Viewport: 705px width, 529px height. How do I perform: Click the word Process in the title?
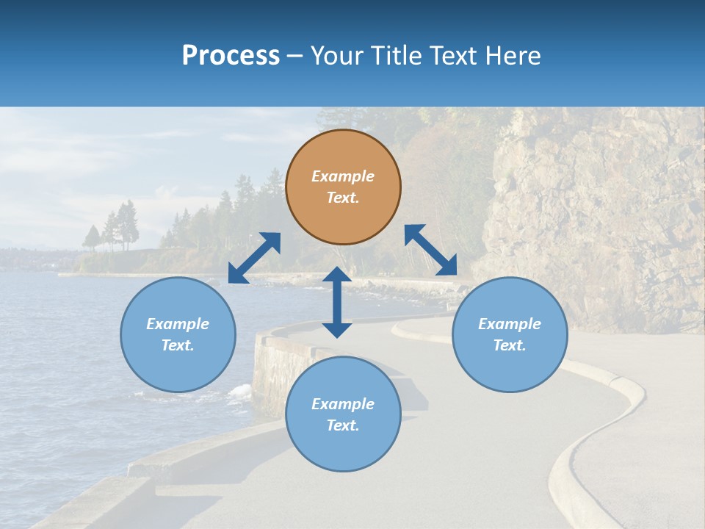pyautogui.click(x=231, y=56)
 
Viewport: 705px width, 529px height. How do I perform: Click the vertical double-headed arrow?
pyautogui.click(x=337, y=302)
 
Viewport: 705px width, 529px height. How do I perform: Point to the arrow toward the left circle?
pyautogui.click(x=254, y=258)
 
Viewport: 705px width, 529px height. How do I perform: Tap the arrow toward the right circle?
pyautogui.click(x=430, y=250)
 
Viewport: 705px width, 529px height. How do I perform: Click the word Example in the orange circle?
pyautogui.click(x=343, y=176)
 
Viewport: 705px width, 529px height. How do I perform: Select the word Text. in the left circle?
pyautogui.click(x=178, y=345)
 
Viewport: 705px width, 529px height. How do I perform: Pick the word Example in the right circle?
pyautogui.click(x=510, y=324)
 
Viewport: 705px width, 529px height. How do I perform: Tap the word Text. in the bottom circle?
pyautogui.click(x=343, y=425)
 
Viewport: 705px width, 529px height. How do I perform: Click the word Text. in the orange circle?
pyautogui.click(x=343, y=198)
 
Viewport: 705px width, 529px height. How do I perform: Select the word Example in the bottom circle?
pyautogui.click(x=343, y=404)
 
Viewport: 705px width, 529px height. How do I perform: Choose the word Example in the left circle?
pyautogui.click(x=178, y=324)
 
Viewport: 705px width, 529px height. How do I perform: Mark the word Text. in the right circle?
pyautogui.click(x=510, y=345)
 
